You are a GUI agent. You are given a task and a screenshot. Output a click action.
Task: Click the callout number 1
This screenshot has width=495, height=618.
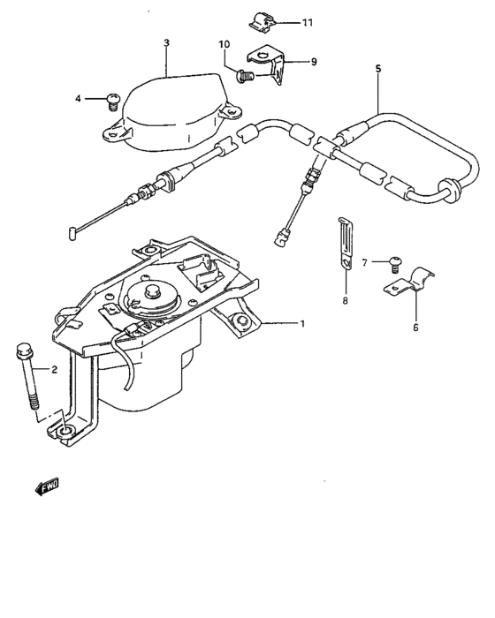(302, 324)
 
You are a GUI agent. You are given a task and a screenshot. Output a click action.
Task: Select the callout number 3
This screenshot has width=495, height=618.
(165, 42)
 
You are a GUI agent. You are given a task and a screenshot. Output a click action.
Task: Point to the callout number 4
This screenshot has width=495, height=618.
(78, 99)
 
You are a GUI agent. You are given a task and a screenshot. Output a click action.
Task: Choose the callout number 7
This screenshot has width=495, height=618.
(363, 262)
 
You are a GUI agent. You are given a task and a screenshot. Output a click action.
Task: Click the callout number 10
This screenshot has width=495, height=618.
(225, 45)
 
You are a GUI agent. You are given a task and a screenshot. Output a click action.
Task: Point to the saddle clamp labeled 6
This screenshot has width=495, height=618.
(406, 287)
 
